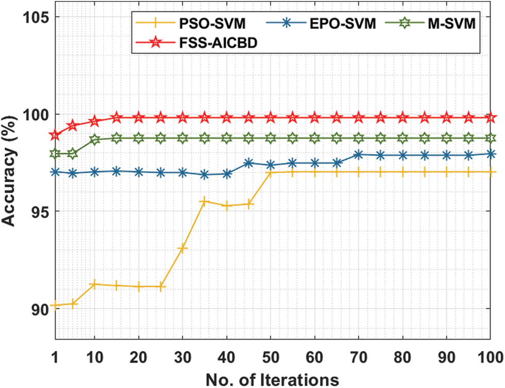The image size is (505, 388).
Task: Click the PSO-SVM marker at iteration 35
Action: point(205,201)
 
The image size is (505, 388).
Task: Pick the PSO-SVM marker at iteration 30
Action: point(182,249)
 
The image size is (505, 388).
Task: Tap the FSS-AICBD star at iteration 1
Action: point(54,135)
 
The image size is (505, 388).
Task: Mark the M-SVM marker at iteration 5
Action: point(73,153)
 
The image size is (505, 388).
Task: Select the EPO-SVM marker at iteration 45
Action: point(248,163)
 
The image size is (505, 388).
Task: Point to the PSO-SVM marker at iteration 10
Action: point(94,284)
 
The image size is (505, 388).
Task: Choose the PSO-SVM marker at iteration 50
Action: point(271,172)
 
